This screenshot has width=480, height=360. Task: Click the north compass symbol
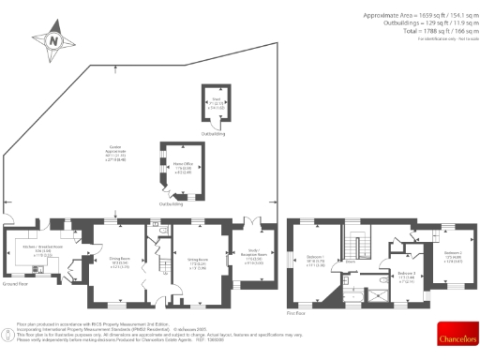coord(53,42)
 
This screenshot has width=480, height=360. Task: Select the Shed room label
coord(214,104)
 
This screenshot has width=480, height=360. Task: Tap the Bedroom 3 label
coord(406,276)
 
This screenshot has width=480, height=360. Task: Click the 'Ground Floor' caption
coord(16,283)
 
